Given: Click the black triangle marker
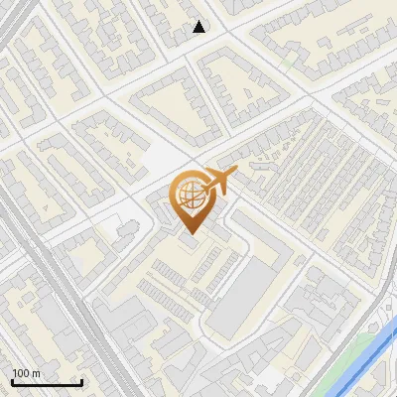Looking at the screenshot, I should [x=199, y=27].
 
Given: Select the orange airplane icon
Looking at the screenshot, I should [x=215, y=183].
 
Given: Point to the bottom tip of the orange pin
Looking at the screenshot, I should [x=189, y=234].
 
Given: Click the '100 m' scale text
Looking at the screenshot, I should [x=26, y=373].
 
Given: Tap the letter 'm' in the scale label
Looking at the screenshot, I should [x=37, y=373].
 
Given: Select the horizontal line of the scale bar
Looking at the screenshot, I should [x=47, y=383].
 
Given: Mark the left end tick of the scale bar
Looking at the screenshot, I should [x=11, y=381].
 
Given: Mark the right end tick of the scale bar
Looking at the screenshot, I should [x=82, y=381].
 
